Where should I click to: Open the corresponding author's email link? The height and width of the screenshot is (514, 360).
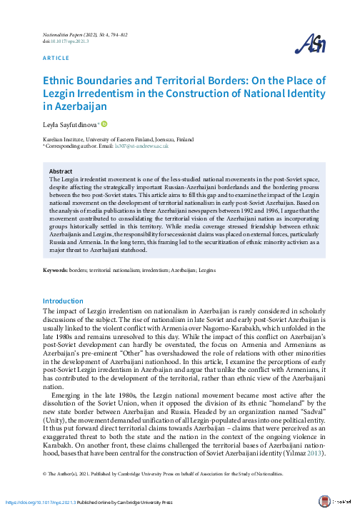(x=141, y=146)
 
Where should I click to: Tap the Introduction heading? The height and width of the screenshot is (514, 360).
(x=64, y=321)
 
